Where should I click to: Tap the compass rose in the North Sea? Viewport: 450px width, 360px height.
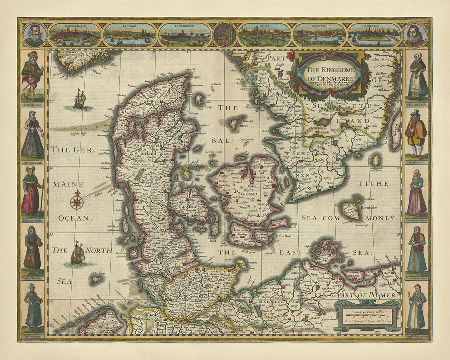coord(77,201)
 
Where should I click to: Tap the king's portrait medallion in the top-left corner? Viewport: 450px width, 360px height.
coord(34,35)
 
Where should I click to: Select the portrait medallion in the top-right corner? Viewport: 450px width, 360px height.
coord(415,35)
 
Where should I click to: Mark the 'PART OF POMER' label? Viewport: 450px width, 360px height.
coord(366,295)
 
